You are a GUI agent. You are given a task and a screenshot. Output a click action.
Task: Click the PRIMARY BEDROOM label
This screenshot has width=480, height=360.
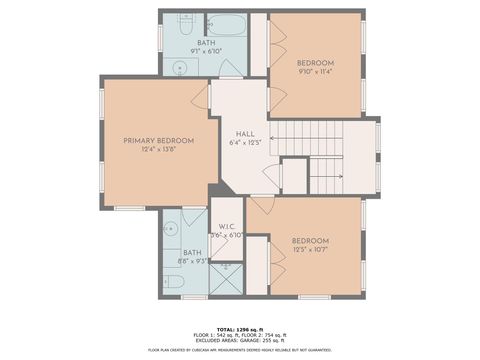[x=158, y=141]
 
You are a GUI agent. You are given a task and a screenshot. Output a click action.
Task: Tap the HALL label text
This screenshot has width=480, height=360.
[x=244, y=134]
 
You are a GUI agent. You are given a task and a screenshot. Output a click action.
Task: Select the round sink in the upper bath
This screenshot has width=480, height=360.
[x=181, y=68]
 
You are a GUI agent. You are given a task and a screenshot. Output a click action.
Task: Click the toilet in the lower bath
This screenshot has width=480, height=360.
[x=173, y=284]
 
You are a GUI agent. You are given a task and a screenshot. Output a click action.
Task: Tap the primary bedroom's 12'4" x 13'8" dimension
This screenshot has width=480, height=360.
[x=158, y=150]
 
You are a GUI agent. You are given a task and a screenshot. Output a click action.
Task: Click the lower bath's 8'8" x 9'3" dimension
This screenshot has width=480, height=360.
[x=194, y=262]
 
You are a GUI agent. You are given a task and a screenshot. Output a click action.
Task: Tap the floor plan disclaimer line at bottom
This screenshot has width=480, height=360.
[x=239, y=350]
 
